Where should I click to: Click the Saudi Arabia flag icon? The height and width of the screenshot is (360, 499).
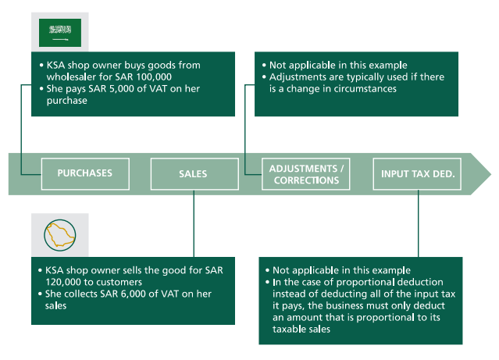coord(60,30)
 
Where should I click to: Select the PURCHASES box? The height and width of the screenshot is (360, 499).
coord(84,173)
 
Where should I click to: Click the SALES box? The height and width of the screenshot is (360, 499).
coord(192,173)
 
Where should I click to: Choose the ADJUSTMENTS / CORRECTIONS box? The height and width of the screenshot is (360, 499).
coord(305,174)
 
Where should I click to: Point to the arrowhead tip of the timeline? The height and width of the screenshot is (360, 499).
coord(490,173)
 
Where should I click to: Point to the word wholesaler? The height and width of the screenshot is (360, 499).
coord(64,78)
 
